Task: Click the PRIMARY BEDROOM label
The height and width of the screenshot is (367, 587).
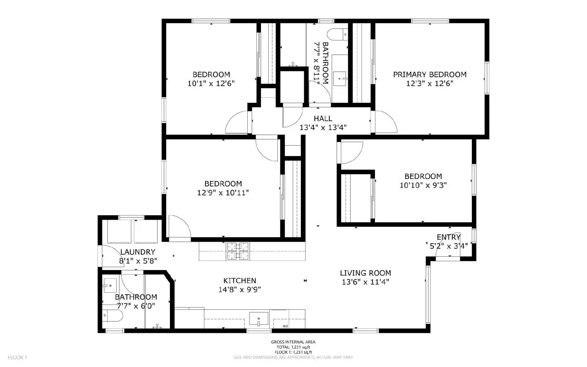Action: [x=430, y=75]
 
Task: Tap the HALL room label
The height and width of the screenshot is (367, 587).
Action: [x=323, y=118]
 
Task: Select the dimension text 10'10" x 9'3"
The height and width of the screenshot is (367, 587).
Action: [x=423, y=185]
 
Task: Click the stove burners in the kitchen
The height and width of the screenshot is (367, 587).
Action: [x=238, y=251]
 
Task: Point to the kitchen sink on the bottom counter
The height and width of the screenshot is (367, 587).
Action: [x=259, y=319]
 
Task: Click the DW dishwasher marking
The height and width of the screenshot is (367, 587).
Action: [x=285, y=326]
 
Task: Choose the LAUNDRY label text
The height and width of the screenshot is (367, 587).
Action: [x=138, y=252]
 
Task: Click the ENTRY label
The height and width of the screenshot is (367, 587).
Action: [x=448, y=237]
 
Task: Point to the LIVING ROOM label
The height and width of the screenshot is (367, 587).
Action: [x=365, y=273]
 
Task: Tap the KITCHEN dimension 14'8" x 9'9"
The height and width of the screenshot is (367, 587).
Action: [x=240, y=289]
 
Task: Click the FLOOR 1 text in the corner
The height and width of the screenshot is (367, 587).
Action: [x=17, y=357]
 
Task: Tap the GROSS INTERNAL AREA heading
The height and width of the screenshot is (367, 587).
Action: [x=293, y=342]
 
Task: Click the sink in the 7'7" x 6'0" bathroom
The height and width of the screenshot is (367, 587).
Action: [x=110, y=285]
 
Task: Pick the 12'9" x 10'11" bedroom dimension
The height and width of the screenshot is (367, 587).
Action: [x=223, y=193]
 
